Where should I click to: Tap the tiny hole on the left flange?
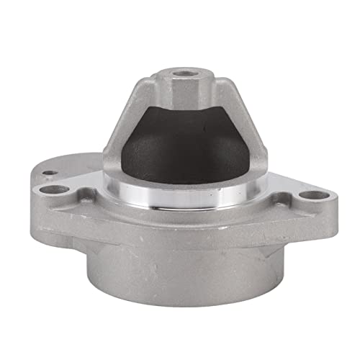[48, 174]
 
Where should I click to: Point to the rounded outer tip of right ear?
[328, 198]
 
